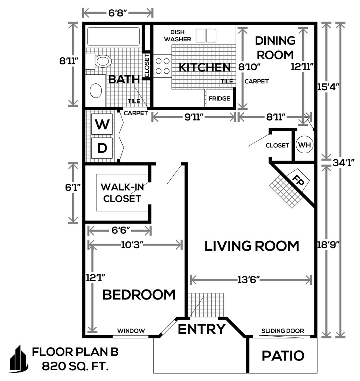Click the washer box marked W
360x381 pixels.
click(x=102, y=124)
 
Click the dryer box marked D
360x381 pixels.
click(x=102, y=148)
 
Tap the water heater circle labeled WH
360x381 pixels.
click(x=304, y=145)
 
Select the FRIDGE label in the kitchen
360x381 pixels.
click(x=219, y=98)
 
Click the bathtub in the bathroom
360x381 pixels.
click(x=113, y=36)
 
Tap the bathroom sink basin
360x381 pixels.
click(x=96, y=90)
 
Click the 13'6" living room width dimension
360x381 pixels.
click(x=249, y=280)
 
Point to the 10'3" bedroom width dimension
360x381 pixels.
click(x=132, y=245)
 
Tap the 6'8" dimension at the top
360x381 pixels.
click(x=118, y=13)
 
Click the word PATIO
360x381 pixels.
click(x=283, y=356)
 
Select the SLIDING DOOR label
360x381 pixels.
click(x=282, y=331)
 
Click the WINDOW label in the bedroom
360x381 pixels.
click(x=131, y=331)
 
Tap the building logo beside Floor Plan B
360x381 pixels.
click(x=19, y=359)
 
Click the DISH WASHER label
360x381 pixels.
click(x=177, y=35)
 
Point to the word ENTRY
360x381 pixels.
click(x=202, y=329)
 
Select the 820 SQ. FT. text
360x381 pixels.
click(x=75, y=366)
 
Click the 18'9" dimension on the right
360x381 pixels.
click(x=328, y=245)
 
